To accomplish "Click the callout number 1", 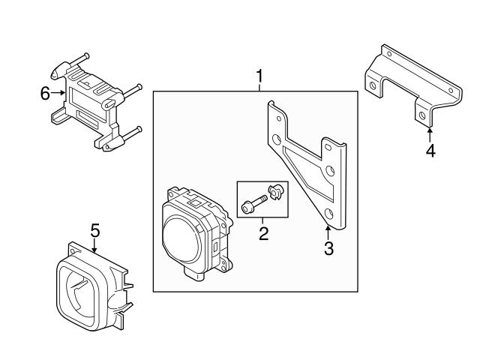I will point(260,76).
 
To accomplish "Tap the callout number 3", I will point(328,247).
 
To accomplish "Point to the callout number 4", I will point(430,151).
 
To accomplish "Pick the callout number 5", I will point(95,229).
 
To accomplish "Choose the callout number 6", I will point(45,93).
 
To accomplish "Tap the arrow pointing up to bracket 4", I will point(430,133).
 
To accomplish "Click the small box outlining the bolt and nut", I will point(263,199).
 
